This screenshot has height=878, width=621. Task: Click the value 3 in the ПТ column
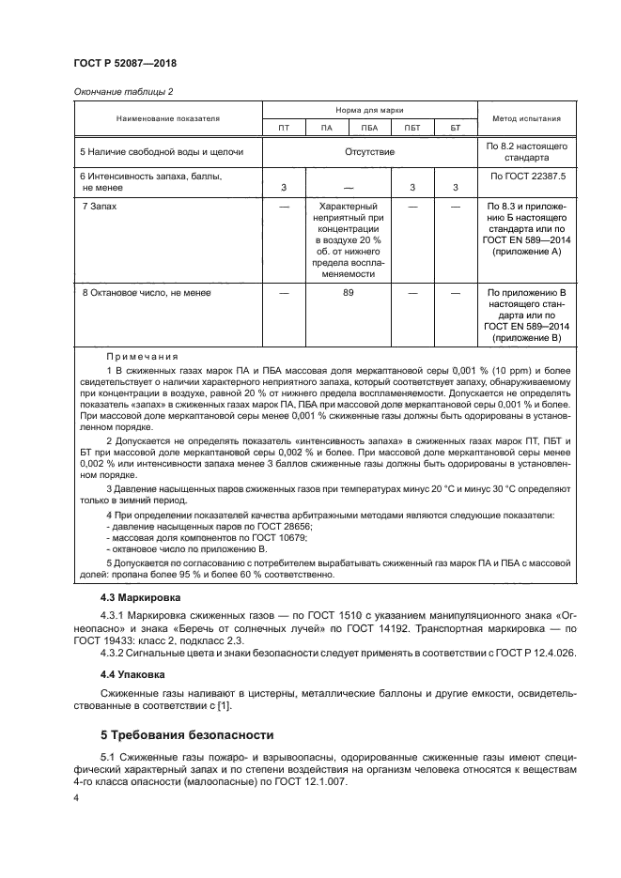[x=284, y=188]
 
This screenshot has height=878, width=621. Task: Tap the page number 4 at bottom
[x=75, y=797]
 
